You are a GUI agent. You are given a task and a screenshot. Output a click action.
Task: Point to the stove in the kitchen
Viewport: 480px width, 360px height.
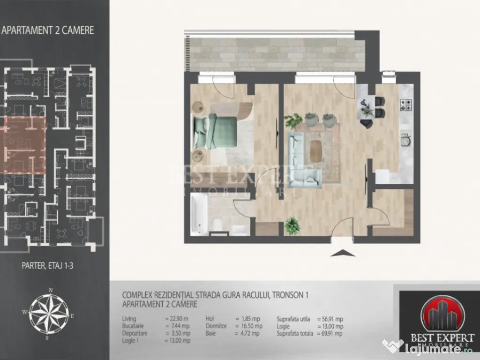click(405, 105)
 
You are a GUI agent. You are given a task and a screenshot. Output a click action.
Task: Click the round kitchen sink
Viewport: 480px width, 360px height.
click(405, 140)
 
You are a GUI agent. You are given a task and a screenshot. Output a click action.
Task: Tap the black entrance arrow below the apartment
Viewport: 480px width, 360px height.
click(342, 254)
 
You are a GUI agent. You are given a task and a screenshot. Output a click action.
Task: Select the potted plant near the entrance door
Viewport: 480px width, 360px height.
click(292, 225)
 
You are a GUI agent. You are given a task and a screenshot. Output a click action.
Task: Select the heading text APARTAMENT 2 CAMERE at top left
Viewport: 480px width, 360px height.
click(48, 30)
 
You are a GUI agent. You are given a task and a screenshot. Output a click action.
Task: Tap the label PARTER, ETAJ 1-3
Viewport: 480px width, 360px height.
click(48, 265)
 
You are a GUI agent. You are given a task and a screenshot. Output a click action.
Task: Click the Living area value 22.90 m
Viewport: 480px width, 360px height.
click(178, 319)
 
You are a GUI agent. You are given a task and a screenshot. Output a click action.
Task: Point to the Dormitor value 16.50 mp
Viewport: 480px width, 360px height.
click(248, 326)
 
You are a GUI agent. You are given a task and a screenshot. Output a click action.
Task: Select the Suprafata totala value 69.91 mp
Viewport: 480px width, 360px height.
click(330, 333)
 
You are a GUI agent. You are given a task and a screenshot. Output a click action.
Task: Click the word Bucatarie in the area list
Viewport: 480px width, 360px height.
click(133, 326)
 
